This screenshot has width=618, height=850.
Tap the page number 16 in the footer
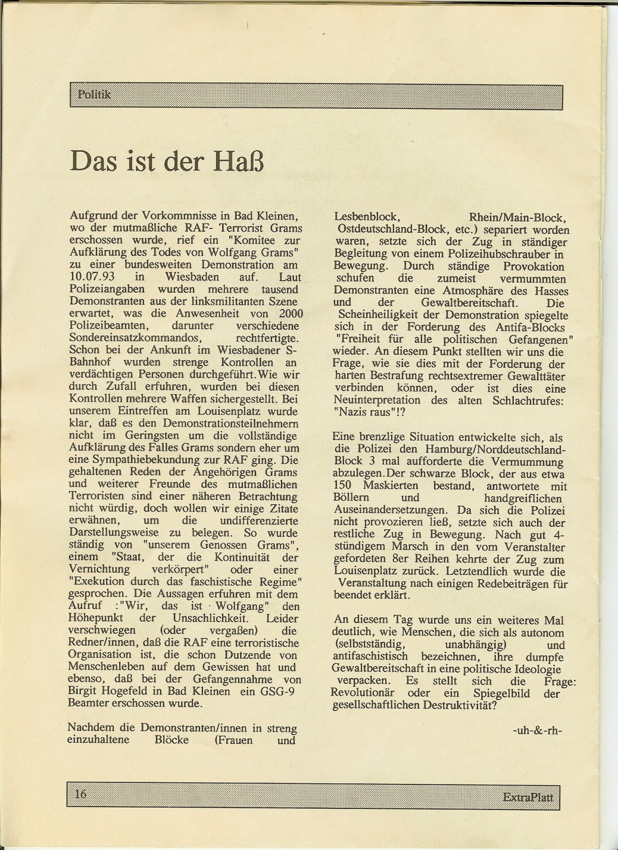[81, 793]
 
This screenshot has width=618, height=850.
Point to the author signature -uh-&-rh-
[537, 730]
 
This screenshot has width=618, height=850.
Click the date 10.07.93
[92, 278]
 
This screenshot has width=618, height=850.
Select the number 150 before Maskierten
[342, 486]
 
